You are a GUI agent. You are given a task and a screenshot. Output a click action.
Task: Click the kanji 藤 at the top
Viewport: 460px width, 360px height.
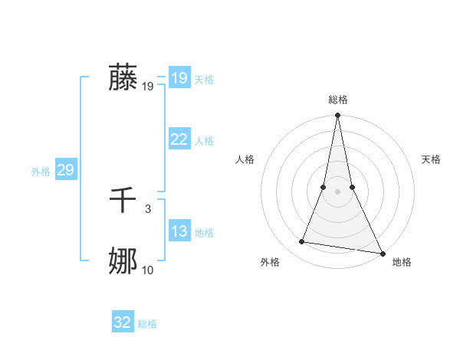click(x=123, y=77)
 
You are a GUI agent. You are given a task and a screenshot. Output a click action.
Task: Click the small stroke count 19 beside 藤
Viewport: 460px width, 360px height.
click(x=148, y=87)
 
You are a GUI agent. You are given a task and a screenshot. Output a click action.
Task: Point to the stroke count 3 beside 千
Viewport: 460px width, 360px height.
click(x=148, y=209)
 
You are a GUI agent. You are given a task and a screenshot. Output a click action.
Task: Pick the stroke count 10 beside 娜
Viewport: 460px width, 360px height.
click(x=148, y=270)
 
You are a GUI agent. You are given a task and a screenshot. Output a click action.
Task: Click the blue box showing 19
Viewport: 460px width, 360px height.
click(x=179, y=78)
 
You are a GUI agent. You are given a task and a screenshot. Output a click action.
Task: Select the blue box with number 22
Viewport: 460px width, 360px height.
click(x=179, y=139)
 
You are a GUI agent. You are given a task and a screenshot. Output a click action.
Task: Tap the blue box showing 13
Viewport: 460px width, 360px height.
click(x=179, y=231)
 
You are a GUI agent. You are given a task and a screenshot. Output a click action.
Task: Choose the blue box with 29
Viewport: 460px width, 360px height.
click(x=65, y=170)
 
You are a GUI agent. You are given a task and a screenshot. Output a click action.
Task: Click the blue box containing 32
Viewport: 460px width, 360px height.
click(x=123, y=322)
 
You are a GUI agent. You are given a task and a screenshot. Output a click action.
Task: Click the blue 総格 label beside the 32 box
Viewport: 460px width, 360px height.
click(x=147, y=324)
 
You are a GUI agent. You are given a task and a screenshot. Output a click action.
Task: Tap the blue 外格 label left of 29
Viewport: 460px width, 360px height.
click(x=41, y=172)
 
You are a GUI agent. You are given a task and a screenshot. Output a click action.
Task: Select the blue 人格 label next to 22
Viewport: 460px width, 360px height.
click(x=204, y=141)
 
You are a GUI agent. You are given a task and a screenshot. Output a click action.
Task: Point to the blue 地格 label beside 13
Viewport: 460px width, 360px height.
click(x=204, y=233)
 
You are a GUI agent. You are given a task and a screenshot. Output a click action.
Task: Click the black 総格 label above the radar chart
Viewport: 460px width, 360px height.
click(x=337, y=100)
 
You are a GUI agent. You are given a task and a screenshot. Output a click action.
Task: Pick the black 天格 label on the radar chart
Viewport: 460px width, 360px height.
click(x=431, y=159)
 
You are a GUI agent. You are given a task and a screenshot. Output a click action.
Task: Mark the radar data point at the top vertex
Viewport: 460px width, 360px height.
click(x=337, y=116)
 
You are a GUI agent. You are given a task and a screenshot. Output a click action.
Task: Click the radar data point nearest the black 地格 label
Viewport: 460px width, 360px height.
click(x=382, y=253)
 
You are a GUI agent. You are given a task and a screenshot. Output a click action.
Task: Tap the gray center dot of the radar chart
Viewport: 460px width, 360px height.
click(x=337, y=191)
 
